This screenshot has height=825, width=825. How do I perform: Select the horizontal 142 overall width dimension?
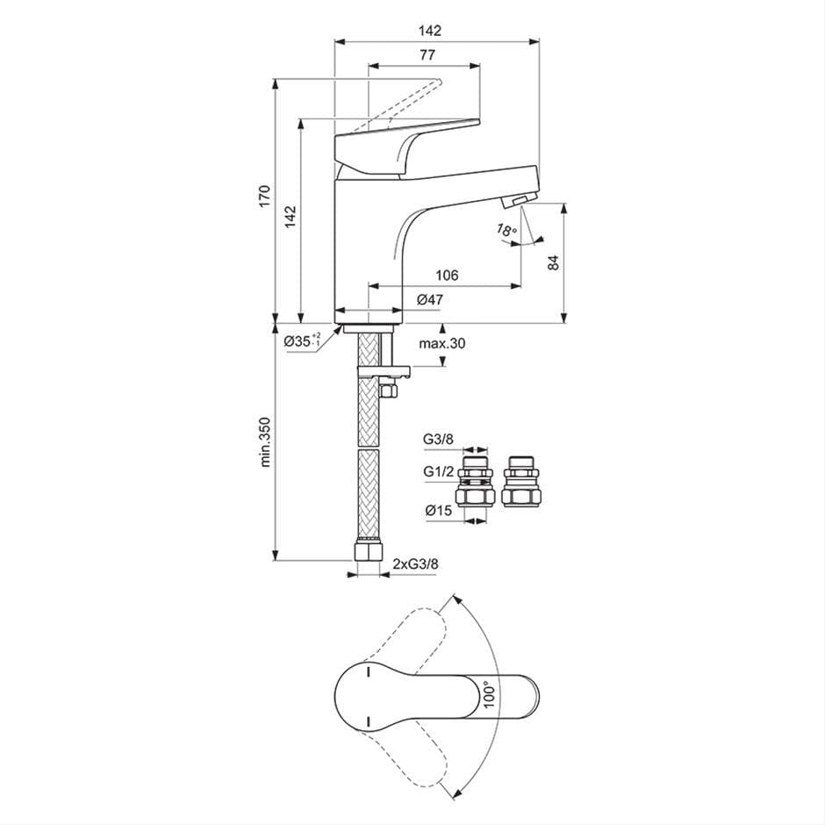click(429, 30)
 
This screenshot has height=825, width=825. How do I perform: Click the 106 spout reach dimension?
click(447, 276)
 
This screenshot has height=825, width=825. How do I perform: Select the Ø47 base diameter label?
click(429, 300)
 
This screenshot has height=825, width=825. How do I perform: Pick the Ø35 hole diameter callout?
click(303, 341)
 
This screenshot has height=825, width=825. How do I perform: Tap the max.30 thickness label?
click(441, 343)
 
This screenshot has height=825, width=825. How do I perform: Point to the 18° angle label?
click(506, 231)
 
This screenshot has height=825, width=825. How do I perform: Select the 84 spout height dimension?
click(553, 262)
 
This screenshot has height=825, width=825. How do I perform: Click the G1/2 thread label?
click(437, 471)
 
